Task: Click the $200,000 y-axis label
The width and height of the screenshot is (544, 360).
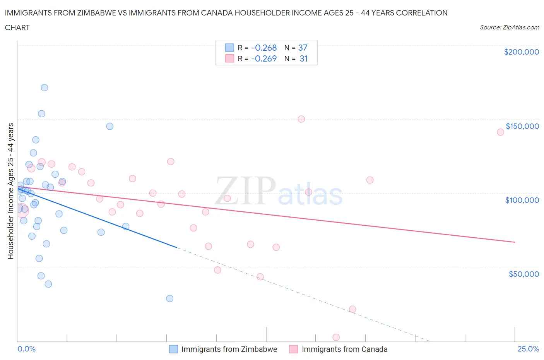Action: tap(521, 52)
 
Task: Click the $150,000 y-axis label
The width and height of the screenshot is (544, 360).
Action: tap(522, 126)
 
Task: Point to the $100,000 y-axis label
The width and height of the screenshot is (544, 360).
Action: tap(522, 200)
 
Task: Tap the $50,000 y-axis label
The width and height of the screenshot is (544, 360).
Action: tap(523, 274)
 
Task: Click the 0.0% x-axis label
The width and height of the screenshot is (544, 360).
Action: tap(26, 349)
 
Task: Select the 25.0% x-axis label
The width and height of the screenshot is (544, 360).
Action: tap(528, 349)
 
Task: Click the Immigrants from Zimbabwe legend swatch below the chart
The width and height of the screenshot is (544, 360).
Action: tap(173, 349)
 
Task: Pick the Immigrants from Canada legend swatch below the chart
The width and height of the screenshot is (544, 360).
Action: tap(294, 349)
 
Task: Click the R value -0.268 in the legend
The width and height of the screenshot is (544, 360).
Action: tap(264, 48)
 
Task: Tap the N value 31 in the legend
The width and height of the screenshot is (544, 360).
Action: tap(303, 58)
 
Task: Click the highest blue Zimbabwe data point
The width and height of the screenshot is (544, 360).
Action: tap(44, 87)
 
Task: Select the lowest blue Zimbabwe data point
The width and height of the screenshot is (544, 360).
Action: tap(169, 298)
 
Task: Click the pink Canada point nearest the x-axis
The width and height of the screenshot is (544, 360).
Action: tap(336, 338)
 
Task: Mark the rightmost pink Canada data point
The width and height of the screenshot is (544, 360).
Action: tap(500, 132)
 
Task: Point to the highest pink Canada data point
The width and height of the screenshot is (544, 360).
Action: tap(301, 119)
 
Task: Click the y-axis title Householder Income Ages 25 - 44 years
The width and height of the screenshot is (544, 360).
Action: tap(10, 191)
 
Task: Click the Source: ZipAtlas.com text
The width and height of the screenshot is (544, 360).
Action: tap(509, 27)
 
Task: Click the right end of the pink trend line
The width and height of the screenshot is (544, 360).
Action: tap(515, 242)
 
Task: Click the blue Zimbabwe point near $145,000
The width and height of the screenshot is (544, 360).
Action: tap(110, 126)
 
